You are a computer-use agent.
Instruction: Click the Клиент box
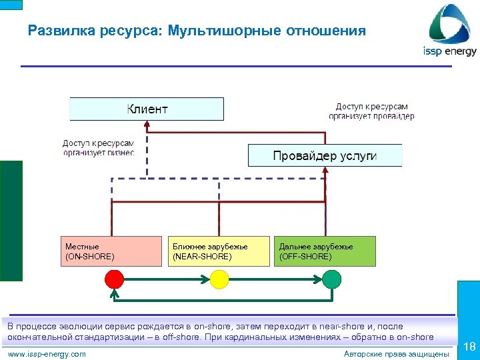(x=147, y=109)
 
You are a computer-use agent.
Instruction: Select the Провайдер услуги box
(x=325, y=155)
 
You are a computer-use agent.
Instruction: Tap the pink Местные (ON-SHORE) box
(x=113, y=251)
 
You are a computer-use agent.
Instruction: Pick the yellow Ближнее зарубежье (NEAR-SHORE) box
(x=220, y=251)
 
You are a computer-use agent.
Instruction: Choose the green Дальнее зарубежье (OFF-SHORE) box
(x=325, y=251)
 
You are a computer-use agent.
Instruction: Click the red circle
(x=114, y=278)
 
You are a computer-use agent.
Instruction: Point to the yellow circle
(x=219, y=278)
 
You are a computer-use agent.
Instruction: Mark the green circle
(x=331, y=278)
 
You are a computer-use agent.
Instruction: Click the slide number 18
(x=469, y=347)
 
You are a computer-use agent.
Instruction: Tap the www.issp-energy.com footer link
(x=47, y=354)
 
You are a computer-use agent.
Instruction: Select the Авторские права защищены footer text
(x=396, y=354)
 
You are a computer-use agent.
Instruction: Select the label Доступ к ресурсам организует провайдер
(x=371, y=111)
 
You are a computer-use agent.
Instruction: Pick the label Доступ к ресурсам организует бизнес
(x=98, y=147)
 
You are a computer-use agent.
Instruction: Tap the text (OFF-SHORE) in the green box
(x=305, y=257)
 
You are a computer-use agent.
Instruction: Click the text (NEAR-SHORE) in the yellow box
(x=202, y=257)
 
